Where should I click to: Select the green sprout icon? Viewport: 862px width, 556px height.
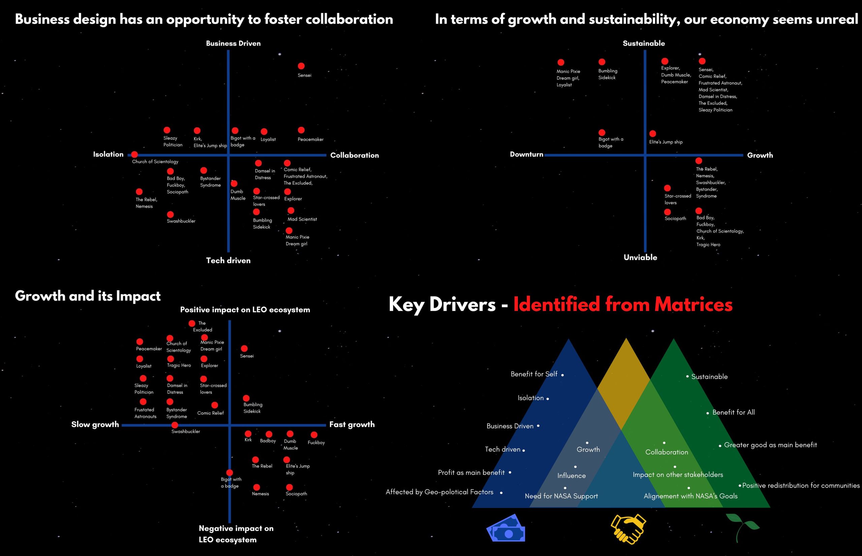[743, 527]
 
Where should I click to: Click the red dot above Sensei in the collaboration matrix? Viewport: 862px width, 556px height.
[301, 66]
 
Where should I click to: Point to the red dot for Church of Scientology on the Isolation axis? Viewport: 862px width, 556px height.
[134, 154]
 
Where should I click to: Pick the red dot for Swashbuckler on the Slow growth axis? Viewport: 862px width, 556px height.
[175, 425]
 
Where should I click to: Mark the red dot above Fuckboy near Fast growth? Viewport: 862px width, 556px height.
[314, 435]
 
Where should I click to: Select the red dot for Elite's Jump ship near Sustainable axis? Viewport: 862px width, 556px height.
[653, 134]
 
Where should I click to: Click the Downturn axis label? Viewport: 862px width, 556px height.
[526, 154]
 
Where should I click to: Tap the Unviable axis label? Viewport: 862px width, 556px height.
[640, 257]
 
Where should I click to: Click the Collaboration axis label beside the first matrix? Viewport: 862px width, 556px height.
[354, 155]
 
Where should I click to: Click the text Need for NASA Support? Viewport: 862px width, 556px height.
[561, 496]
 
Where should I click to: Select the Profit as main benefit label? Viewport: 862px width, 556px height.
[471, 473]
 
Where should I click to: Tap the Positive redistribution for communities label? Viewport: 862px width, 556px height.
[801, 486]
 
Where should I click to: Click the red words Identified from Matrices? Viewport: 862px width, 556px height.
[623, 304]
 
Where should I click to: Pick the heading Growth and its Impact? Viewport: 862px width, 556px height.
[88, 296]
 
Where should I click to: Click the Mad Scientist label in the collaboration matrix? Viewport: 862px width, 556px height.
[302, 219]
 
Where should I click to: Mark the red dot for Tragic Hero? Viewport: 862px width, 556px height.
[170, 358]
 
